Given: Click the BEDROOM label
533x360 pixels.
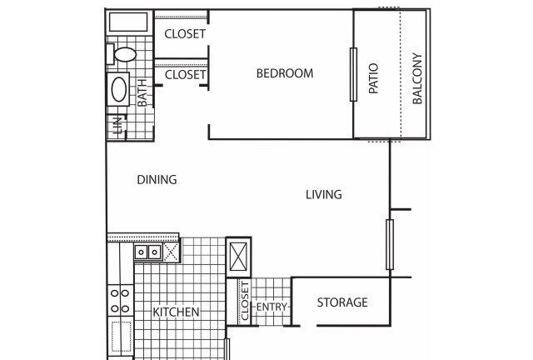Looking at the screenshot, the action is pos(285,73).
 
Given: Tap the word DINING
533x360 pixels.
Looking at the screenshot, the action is pos(157,180).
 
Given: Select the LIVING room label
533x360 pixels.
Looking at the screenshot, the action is pos(324,195).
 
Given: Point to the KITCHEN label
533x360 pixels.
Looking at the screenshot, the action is pos(176,312).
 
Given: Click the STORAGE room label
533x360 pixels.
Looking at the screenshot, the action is pos(342,302).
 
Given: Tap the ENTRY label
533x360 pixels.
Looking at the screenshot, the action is pos(271,307).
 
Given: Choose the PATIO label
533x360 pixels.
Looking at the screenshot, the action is pos(374,78).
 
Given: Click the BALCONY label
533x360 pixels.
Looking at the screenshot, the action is pos(417,78).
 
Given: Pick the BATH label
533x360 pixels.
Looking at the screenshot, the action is pos(142,92).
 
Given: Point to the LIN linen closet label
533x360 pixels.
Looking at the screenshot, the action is pos(117,126).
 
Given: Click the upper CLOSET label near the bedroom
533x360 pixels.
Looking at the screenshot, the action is pos(185,34).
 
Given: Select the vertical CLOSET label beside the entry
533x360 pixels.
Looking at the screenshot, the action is pos(245,301).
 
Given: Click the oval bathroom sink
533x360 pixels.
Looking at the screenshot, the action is pos(118,89).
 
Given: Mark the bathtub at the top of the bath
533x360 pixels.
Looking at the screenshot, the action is pos(128,22).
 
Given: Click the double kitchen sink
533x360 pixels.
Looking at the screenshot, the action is pos(148,252).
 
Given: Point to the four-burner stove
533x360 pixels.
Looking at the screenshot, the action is pos(120,301).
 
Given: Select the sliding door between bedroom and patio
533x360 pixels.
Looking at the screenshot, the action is pos(353,74).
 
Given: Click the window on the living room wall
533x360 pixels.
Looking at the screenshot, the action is pos(390,244).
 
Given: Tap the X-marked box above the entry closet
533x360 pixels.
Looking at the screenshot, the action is pos(239,257).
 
